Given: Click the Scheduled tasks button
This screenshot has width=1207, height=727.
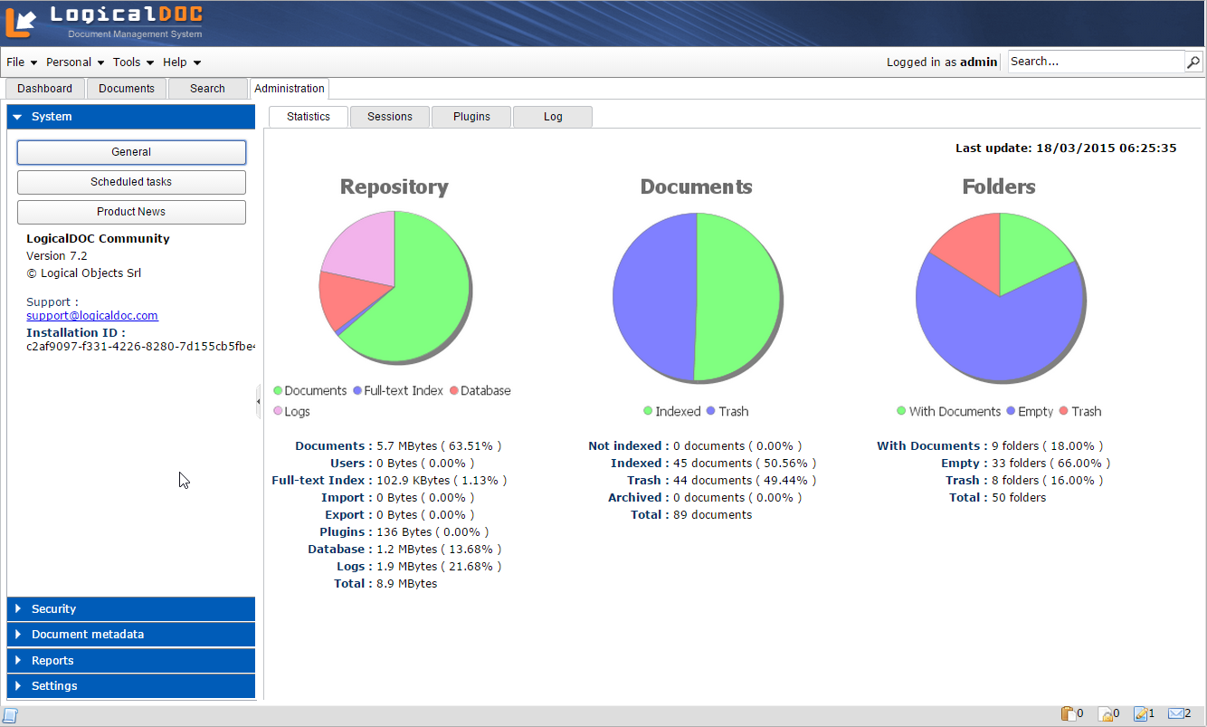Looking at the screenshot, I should pos(131,182).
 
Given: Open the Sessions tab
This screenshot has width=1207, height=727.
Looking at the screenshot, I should pos(389,117).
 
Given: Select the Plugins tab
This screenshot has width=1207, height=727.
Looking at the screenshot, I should pos(471,117).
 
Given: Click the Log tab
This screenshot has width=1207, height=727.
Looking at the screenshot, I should pos(552,117).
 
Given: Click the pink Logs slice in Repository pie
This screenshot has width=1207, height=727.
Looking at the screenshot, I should pos(362,244).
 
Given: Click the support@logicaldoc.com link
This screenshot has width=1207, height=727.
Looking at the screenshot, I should pos(92,316).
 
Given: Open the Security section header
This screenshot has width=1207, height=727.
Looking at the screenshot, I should pos(131,609).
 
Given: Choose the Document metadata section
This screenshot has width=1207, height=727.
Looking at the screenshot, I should pos(131,635).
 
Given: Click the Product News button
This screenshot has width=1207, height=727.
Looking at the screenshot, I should pos(131,212).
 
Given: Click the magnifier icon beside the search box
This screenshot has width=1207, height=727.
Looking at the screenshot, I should pos(1193,62).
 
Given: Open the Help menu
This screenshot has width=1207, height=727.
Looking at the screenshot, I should pos(181,62).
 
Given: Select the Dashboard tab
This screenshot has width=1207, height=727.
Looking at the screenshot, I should pos(45,89).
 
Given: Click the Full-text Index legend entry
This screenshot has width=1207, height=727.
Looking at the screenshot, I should pos(404,391).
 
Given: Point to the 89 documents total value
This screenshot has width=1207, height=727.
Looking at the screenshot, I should pos(712,515).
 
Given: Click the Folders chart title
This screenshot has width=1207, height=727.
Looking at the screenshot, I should pos(999,187).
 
